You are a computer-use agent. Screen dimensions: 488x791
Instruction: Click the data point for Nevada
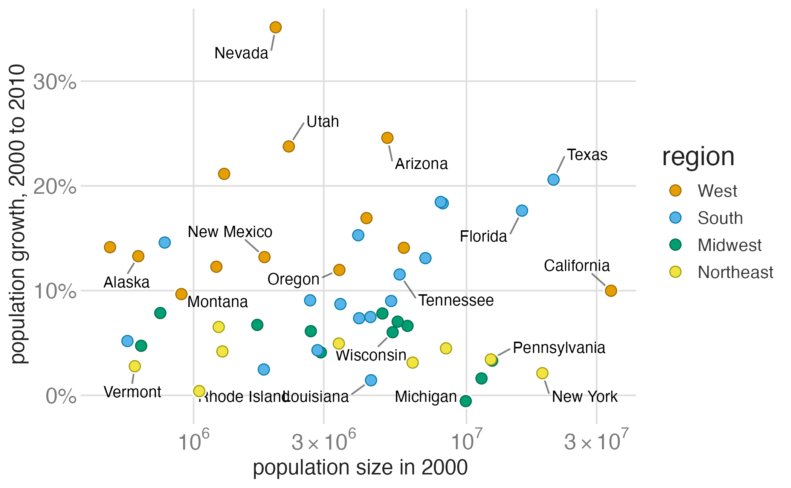click(275, 27)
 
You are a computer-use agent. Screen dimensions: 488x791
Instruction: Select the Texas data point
click(553, 179)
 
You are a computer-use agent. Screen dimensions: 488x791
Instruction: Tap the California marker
click(611, 290)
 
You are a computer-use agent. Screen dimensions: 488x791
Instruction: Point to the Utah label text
click(322, 122)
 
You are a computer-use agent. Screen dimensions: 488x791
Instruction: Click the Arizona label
click(421, 164)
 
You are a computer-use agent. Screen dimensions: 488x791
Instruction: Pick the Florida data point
click(522, 210)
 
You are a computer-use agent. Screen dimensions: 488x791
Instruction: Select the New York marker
click(542, 373)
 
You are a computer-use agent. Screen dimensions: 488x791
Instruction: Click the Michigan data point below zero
click(466, 401)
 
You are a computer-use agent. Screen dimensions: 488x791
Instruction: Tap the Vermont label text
click(132, 392)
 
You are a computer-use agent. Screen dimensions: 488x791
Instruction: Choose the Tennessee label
click(456, 300)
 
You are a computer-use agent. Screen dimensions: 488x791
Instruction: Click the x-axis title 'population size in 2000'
click(360, 468)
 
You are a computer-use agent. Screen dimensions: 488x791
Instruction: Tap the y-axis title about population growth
click(18, 214)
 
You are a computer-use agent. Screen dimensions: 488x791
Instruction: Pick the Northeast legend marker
click(675, 272)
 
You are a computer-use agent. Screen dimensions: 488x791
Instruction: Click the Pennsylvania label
click(559, 348)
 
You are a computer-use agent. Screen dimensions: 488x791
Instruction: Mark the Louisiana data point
click(371, 380)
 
